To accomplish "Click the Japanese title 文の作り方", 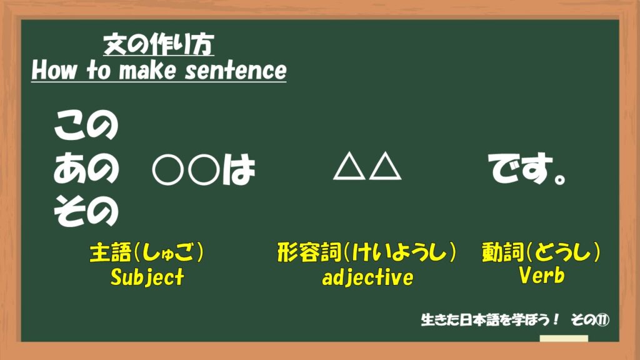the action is (159, 44).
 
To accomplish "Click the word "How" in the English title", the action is (54, 70).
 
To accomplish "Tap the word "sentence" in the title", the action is (236, 70).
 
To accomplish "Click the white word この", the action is (86, 125).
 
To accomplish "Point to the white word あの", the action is (86, 167).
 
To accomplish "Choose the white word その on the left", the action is (86, 211).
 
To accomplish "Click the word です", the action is (521, 167).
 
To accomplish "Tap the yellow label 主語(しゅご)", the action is (146, 252).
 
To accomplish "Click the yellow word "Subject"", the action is (147, 277).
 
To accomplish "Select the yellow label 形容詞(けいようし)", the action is (366, 252).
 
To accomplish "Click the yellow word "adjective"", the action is (367, 277).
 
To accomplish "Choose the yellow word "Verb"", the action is (542, 275).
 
